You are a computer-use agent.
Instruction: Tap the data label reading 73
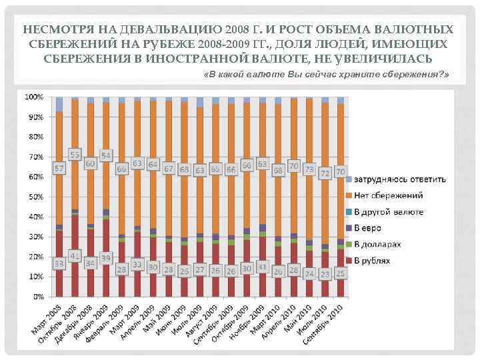(x=309, y=169)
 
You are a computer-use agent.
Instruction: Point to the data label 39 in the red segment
(x=106, y=258)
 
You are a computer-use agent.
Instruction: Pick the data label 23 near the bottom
(x=325, y=273)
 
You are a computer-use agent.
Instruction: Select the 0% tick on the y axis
(x=38, y=296)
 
